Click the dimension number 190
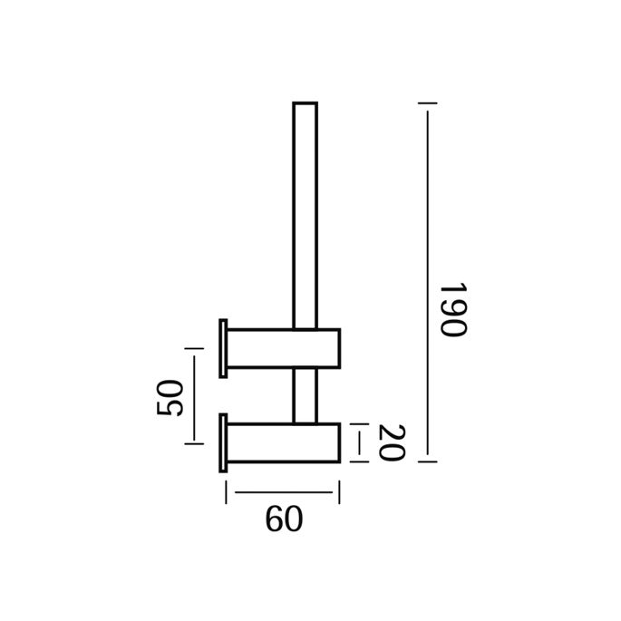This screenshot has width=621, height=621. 451,308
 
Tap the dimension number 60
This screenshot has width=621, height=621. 283,519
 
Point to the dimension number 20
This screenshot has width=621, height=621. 387,442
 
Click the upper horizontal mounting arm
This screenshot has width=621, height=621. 284,347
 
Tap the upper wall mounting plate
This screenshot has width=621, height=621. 222,347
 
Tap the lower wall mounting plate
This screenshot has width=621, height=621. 222,442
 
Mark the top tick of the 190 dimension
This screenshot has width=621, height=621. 426,104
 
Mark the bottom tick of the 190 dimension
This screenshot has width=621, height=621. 426,461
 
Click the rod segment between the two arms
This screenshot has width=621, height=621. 305,396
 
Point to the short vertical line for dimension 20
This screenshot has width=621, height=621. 360,442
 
